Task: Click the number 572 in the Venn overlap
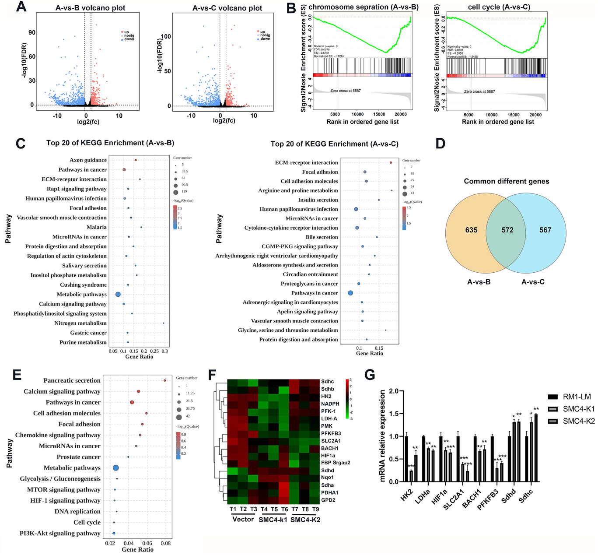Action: [507, 230]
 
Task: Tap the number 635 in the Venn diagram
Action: [471, 230]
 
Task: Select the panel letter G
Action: [370, 375]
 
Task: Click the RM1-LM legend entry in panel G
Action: [576, 397]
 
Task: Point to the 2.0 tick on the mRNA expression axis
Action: [393, 391]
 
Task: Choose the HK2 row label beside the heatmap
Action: [326, 396]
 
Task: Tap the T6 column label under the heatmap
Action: [284, 509]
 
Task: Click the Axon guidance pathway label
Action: [88, 160]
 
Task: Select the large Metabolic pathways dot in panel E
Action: [116, 468]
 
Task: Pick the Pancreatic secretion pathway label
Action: [72, 381]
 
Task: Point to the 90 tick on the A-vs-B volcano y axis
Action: [32, 33]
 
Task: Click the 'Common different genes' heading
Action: [506, 181]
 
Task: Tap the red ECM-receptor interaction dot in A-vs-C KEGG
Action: [391, 162]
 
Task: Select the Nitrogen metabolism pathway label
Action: [80, 323]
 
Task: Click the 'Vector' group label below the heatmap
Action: [243, 519]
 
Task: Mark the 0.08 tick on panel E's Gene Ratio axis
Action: [166, 543]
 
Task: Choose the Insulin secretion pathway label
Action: [318, 200]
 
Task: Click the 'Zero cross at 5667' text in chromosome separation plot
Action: [346, 91]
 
